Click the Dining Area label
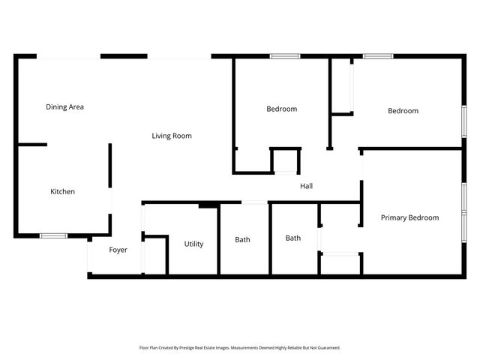(x=64, y=107)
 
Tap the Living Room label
(x=172, y=136)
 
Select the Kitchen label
(x=62, y=192)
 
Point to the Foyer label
(x=118, y=250)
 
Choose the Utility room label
(x=193, y=244)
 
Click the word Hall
(x=306, y=186)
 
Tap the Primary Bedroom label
(x=409, y=217)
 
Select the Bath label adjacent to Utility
(x=242, y=240)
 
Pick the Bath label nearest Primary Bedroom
(x=292, y=238)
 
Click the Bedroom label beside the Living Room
(x=281, y=109)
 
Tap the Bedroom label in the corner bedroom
(x=403, y=111)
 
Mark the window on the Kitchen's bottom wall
(x=53, y=235)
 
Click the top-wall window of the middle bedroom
(x=285, y=56)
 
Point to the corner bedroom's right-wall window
(x=463, y=121)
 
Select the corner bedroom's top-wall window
(x=378, y=56)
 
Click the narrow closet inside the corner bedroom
(x=342, y=85)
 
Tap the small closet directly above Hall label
(x=285, y=161)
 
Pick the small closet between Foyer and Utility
(x=154, y=256)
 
